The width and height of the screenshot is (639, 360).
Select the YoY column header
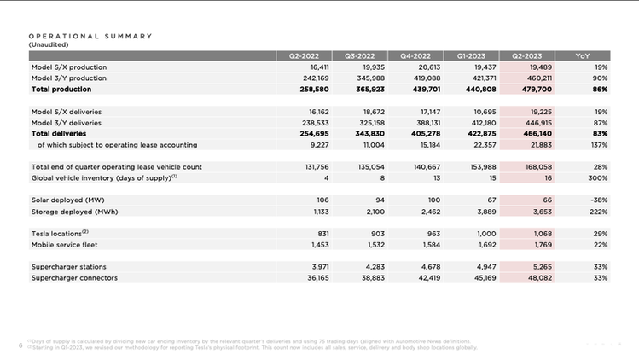[583, 55]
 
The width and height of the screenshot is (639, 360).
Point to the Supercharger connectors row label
[74, 278]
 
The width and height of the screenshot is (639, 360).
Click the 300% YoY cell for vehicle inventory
[597, 178]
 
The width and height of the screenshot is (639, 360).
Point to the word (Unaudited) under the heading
[48, 44]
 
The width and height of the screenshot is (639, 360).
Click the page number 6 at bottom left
[20, 345]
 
